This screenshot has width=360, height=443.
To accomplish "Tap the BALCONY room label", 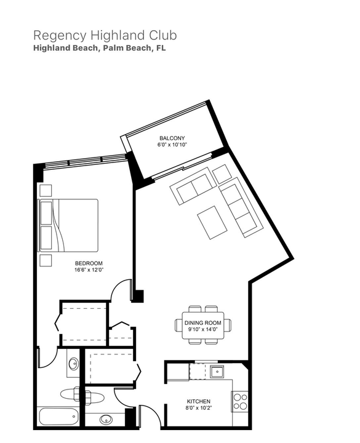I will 172,138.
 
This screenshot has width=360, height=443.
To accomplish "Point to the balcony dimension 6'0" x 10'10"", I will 172,145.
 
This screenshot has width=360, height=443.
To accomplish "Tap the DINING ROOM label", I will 202,322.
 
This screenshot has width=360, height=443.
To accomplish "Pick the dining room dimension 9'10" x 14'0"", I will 202,329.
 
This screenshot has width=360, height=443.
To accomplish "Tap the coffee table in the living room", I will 213,222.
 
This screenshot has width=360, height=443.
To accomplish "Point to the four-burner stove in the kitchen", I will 240,401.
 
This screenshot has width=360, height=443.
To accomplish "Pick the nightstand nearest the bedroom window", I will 46,190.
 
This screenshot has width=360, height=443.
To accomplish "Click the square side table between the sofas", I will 222,174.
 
